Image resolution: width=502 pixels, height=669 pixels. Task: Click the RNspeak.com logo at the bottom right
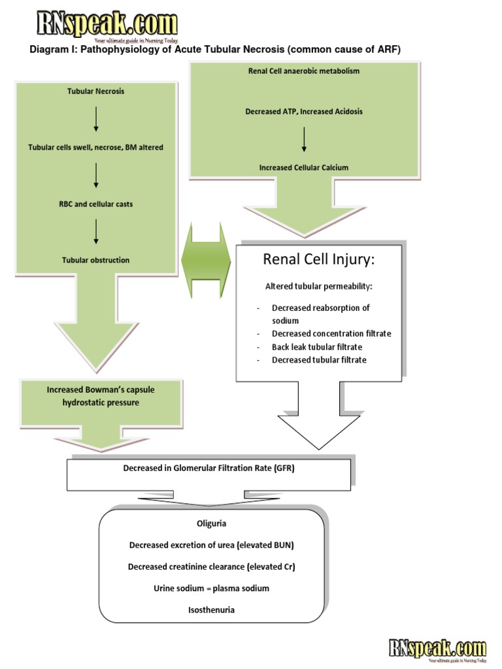(x=437, y=649)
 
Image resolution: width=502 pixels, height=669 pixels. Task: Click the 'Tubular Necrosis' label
(x=95, y=91)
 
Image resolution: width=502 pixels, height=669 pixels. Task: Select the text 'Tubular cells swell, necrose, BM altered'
(x=95, y=148)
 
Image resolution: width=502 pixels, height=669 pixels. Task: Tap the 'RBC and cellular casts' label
(x=95, y=204)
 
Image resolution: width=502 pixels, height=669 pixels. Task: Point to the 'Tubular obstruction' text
(x=95, y=260)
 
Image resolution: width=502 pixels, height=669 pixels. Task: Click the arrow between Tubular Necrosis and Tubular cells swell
(x=96, y=119)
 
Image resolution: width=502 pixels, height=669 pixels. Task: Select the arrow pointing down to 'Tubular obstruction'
(x=96, y=232)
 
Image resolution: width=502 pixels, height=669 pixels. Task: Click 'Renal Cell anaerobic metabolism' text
(x=304, y=71)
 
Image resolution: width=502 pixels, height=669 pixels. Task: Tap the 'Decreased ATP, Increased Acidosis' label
(x=304, y=112)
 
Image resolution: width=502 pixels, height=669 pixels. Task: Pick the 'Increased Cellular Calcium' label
(x=304, y=168)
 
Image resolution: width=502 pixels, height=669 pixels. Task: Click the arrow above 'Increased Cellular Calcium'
(x=304, y=139)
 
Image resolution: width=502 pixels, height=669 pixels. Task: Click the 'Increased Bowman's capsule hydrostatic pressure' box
(x=101, y=397)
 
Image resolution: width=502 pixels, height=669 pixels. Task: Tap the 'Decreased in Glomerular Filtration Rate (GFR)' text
(x=209, y=468)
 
